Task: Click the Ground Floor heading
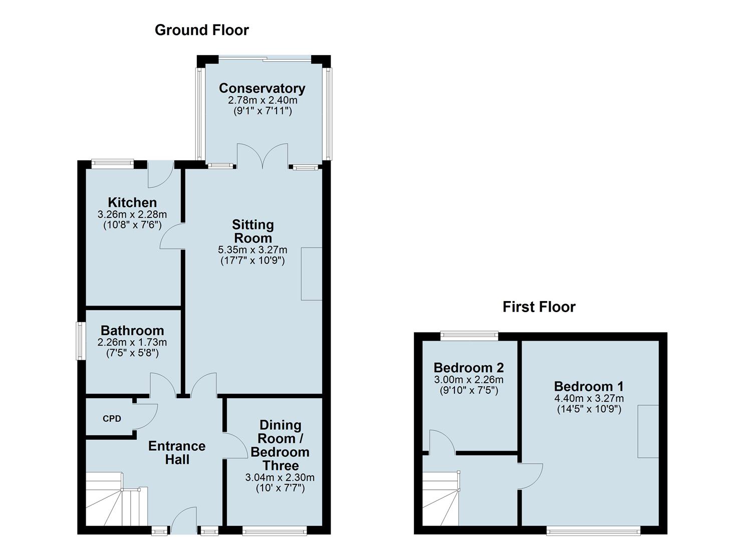tap(201, 30)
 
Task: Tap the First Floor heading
tap(539, 307)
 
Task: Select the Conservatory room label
tap(262, 88)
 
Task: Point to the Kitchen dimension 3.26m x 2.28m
tap(132, 214)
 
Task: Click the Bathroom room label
tap(132, 331)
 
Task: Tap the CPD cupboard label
tap(112, 419)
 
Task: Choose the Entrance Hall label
tap(177, 453)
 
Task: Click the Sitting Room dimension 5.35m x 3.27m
tap(253, 250)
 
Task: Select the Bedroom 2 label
tap(468, 368)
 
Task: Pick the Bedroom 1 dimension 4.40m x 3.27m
tap(589, 398)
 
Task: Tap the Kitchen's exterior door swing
tap(161, 174)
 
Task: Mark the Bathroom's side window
tap(80, 341)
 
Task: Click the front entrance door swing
tap(184, 520)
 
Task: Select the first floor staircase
tap(440, 498)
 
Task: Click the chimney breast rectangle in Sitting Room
tap(312, 274)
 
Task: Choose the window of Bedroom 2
tap(469, 336)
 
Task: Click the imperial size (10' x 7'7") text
tap(281, 488)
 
